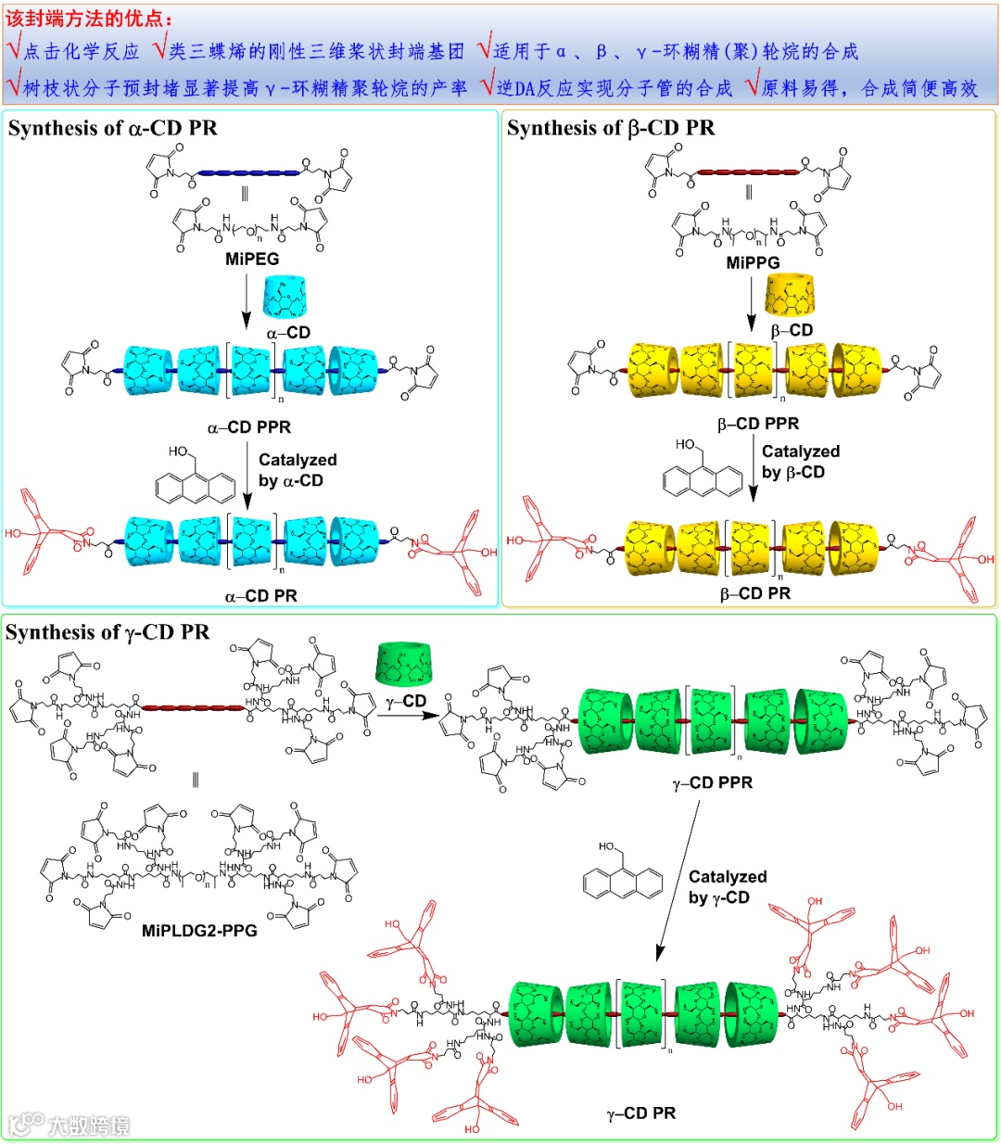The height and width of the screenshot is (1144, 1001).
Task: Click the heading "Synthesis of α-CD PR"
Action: tap(112, 128)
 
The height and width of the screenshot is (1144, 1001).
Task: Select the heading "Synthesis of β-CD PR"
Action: tap(611, 128)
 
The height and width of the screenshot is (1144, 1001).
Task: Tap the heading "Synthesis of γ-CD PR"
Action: tap(108, 632)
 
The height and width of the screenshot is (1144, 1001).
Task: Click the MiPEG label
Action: tap(252, 259)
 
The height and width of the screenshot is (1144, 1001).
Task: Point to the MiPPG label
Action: tap(753, 262)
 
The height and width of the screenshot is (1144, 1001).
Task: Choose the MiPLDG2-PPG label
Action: tap(199, 930)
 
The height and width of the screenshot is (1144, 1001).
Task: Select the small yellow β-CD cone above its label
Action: tap(791, 295)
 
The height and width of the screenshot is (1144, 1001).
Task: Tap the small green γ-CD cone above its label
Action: tap(403, 664)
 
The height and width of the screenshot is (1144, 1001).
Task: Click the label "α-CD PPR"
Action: tap(249, 427)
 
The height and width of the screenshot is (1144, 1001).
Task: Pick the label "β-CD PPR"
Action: tap(758, 424)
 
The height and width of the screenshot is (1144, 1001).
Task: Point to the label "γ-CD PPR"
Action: tap(713, 782)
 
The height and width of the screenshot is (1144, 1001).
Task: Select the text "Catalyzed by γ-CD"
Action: tap(727, 886)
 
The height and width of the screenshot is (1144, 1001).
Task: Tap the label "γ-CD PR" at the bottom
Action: tap(641, 1112)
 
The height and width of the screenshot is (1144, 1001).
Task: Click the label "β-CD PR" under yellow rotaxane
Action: tap(755, 593)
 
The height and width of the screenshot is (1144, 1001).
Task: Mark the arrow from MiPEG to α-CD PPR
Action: tap(247, 300)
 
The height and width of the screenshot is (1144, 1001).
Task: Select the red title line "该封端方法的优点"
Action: tap(89, 19)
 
